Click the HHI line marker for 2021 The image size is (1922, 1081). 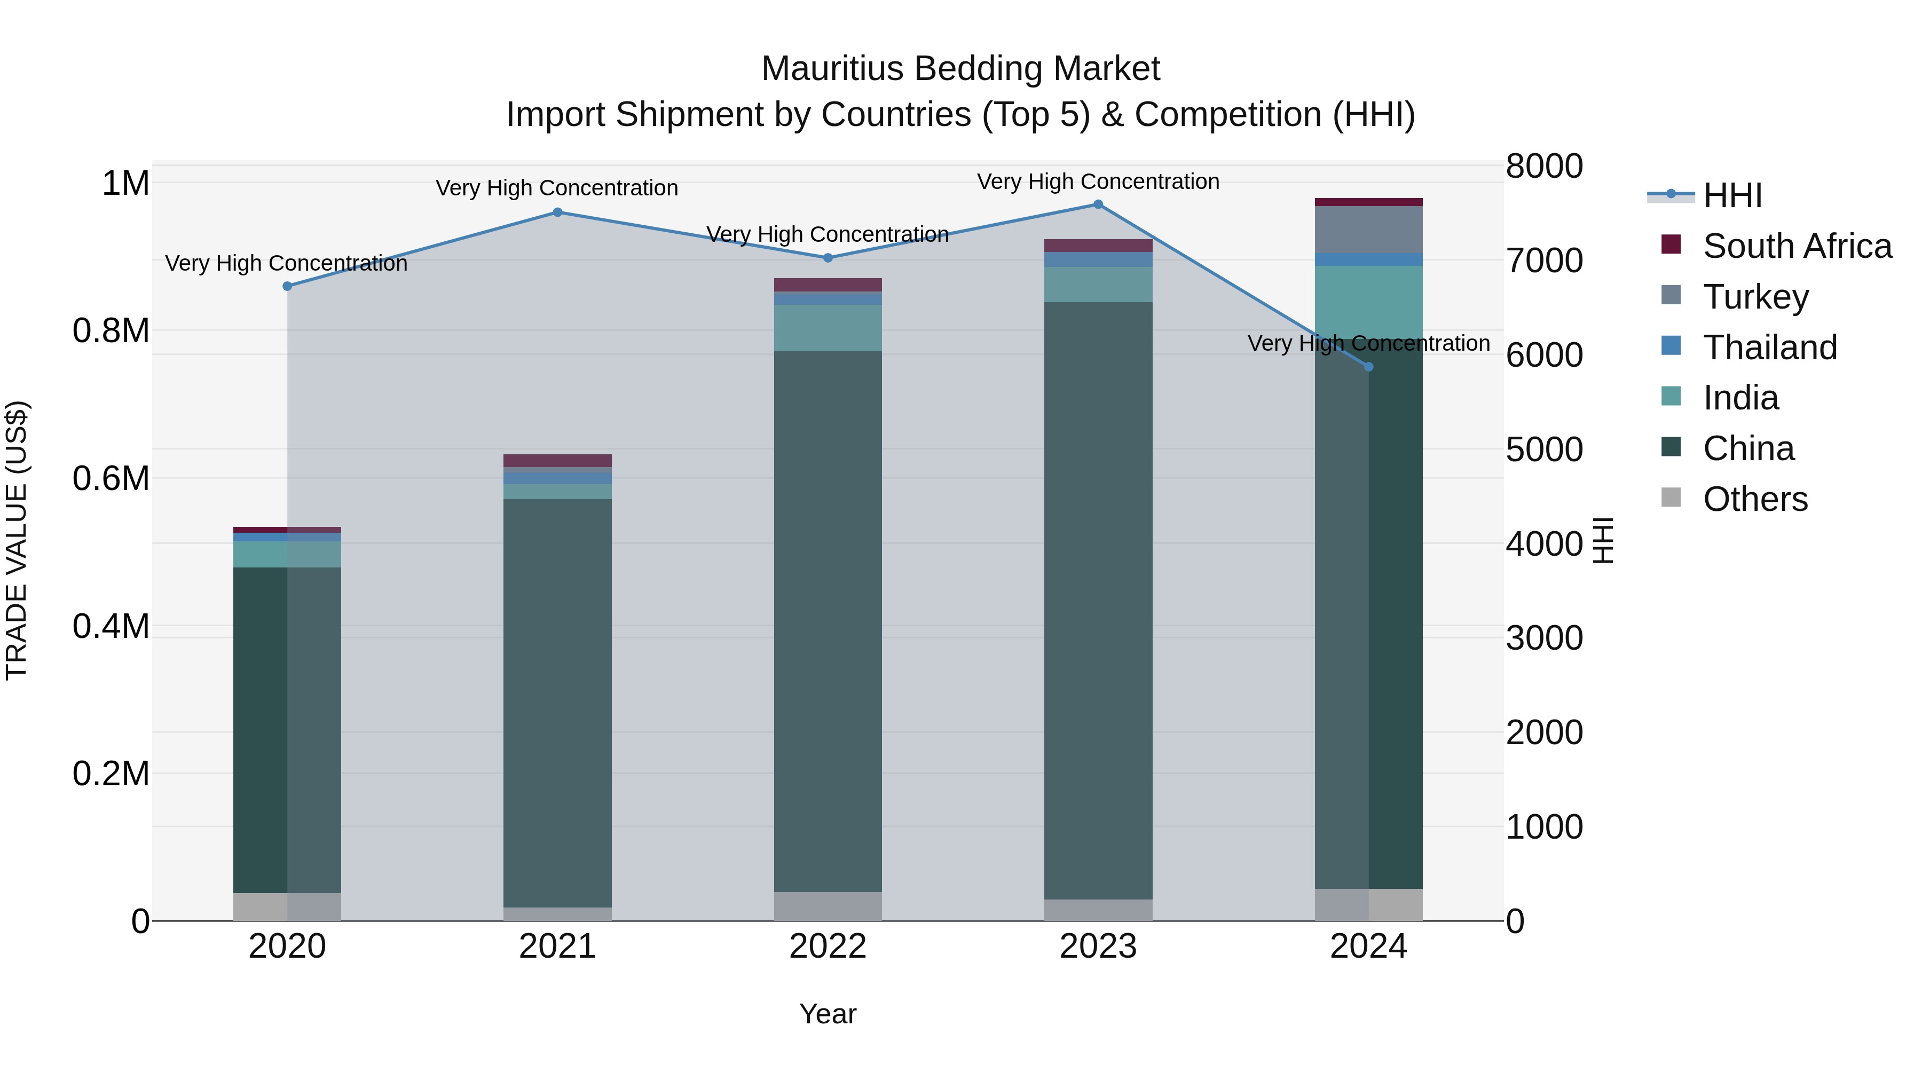(557, 212)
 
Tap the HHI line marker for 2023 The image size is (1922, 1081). (1098, 204)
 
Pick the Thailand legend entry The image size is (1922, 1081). (1770, 348)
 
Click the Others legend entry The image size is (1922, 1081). (1755, 499)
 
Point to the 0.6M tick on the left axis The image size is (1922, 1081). (111, 478)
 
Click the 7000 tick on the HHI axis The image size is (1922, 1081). (1543, 261)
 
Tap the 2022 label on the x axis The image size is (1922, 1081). (828, 946)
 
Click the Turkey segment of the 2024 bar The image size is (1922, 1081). (1368, 230)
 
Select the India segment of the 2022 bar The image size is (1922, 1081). (828, 328)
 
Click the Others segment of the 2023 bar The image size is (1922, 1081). (1098, 910)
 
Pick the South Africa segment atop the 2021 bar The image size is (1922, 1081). (557, 460)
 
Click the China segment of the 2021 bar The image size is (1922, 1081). (557, 701)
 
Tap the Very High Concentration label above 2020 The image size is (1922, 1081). (287, 263)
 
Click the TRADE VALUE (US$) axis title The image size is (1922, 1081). (17, 540)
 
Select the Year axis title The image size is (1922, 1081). (828, 1014)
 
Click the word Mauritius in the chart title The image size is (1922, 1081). (833, 69)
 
